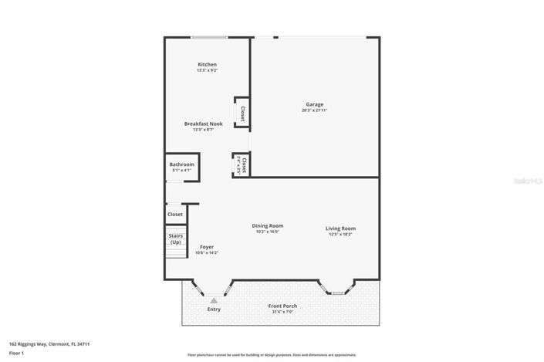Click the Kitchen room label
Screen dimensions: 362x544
coord(207,64)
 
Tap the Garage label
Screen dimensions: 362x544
coord(314,104)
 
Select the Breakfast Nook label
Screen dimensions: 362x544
coord(203,123)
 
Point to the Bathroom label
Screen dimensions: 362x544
coord(182,164)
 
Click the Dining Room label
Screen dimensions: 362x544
coord(267,225)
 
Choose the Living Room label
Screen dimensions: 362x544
coord(340,228)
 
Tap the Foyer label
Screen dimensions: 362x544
coord(206,247)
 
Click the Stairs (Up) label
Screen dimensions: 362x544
coord(176,239)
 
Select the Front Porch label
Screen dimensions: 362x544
coord(282,306)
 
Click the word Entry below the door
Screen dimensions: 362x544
coord(214,310)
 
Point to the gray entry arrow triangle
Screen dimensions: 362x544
coord(214,300)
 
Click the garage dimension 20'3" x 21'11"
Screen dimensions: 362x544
coord(314,110)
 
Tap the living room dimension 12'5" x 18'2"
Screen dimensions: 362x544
coord(340,234)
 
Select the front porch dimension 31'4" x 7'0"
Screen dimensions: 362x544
coord(282,312)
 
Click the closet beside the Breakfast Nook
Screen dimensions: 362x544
coord(242,113)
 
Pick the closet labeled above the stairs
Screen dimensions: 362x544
coord(175,214)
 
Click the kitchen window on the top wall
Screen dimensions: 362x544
coord(209,37)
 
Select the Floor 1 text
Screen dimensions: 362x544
coord(17,354)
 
